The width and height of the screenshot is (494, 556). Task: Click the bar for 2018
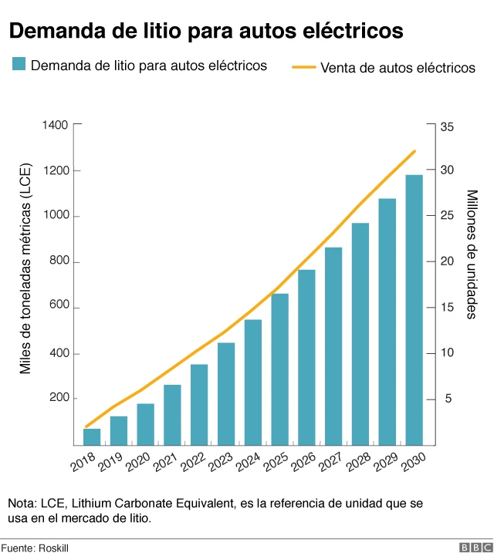92,436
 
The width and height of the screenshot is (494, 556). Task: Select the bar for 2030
414,310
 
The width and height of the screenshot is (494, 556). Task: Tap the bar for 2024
253,382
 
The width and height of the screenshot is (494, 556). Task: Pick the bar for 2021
172,415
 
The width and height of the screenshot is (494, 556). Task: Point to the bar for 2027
333,346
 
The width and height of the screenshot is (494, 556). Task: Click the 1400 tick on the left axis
59,125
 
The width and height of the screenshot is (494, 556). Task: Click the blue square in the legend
19,65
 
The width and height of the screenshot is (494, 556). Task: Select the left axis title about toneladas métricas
25,270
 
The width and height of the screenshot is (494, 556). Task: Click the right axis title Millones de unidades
472,254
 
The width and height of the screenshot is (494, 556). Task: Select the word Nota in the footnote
22,504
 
